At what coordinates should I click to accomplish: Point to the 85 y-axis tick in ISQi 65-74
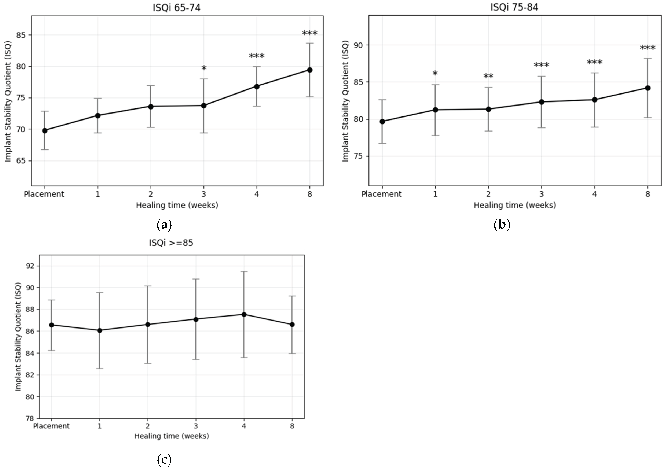21,35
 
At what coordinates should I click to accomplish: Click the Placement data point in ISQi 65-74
45,131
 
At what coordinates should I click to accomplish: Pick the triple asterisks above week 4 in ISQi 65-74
256,56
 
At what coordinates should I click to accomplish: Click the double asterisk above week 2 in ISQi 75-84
488,77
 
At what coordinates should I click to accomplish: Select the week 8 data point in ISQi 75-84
647,88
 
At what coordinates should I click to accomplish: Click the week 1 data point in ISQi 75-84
435,110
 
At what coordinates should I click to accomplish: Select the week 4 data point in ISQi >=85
244,314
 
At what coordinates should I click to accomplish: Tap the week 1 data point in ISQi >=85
100,330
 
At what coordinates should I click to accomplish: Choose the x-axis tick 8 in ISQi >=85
292,426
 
